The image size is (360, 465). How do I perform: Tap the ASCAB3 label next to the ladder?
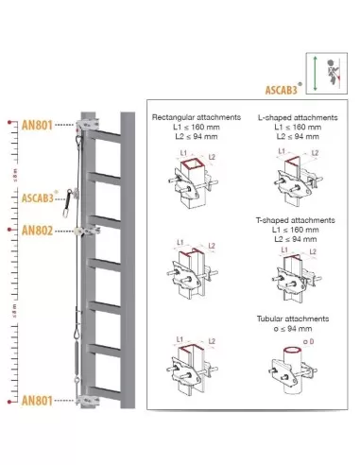click(x=39, y=199)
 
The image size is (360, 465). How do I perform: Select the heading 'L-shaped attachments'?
click(x=287, y=117)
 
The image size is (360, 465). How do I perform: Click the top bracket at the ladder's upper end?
click(x=89, y=124)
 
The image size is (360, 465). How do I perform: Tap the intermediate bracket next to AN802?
click(x=88, y=229)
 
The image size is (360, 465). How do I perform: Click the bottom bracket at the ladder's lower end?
click(x=89, y=400)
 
